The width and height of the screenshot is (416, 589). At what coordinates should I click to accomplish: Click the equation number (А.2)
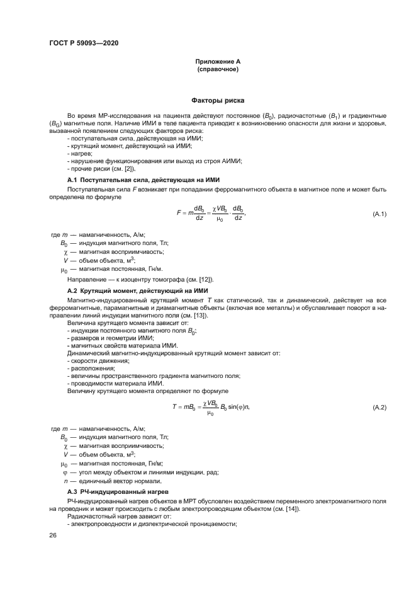[x=379, y=408]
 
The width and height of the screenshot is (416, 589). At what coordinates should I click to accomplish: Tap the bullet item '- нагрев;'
[x=81, y=154]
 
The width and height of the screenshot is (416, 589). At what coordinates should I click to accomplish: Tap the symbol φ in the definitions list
[x=64, y=471]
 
